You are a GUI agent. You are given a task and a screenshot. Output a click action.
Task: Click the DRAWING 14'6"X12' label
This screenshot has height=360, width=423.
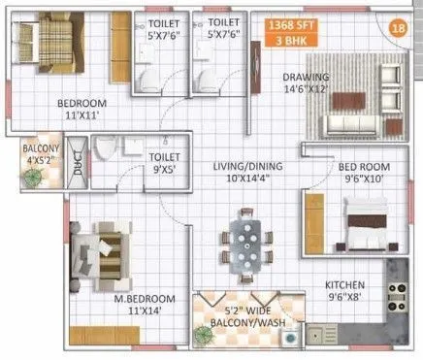(307, 84)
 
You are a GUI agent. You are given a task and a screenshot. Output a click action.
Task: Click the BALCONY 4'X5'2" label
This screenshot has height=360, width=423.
(41, 155)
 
